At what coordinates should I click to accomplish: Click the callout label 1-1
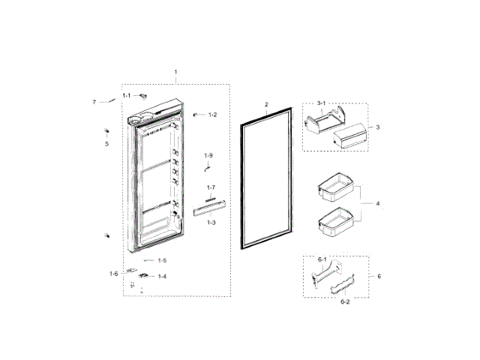point(127,95)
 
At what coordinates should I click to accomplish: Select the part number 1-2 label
point(213,115)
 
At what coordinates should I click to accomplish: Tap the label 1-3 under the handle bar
point(212,223)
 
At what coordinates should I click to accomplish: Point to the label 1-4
point(162,276)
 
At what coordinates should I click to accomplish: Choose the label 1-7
point(211,187)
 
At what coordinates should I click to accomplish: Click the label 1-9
point(209,155)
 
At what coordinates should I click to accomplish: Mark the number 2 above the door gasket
point(265,104)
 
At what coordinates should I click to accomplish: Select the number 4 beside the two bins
point(378,203)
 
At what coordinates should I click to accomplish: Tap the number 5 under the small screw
point(106,144)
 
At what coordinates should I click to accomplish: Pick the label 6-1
point(322,259)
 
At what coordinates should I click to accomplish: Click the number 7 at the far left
point(94,101)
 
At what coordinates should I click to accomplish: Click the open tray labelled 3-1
point(325,119)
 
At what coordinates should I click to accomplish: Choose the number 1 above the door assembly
point(175,73)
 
